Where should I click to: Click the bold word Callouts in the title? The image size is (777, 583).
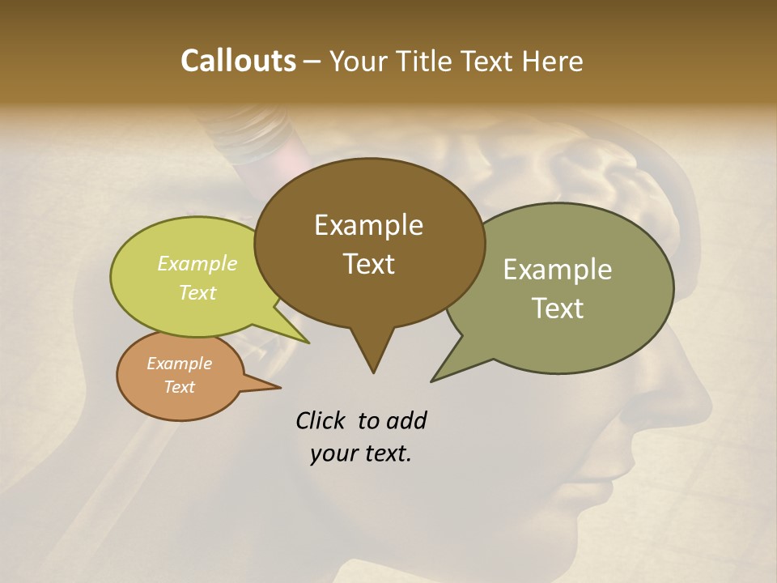tap(238, 61)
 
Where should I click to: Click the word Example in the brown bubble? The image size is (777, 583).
tap(368, 225)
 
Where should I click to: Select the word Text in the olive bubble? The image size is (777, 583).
tap(558, 309)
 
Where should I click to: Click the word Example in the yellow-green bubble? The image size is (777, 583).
tap(197, 263)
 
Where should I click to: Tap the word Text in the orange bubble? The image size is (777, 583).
tap(179, 387)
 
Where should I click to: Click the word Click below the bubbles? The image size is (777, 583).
tap(322, 420)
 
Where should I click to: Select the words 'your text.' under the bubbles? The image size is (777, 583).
tap(361, 453)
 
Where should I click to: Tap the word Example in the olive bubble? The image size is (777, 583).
tap(558, 270)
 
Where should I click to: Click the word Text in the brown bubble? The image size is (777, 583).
tap(368, 264)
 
